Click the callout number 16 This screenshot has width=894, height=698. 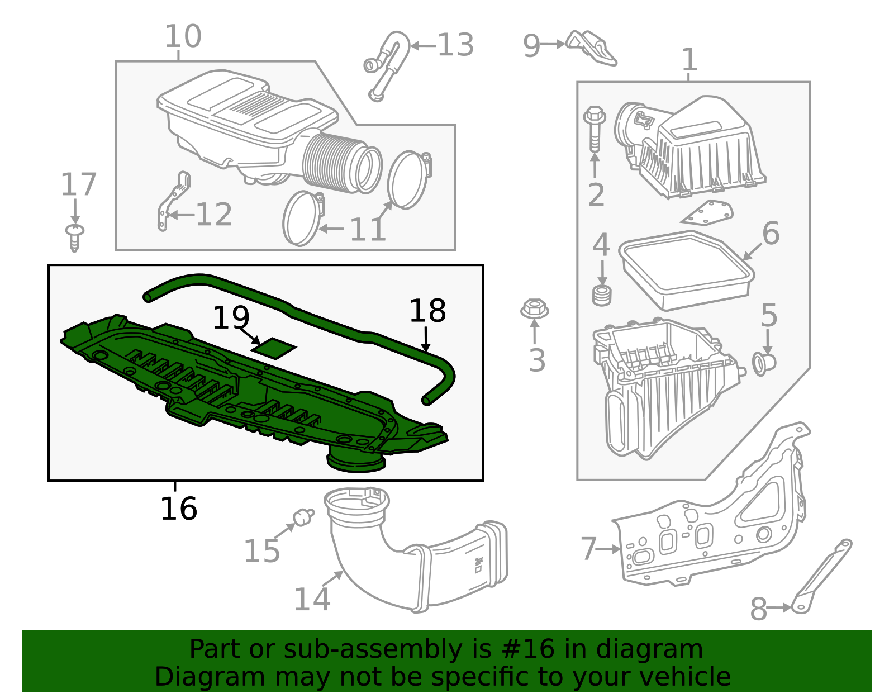click(178, 509)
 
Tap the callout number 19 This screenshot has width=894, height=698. click(230, 317)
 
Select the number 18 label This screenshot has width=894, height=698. click(427, 311)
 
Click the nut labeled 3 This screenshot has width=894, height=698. click(534, 309)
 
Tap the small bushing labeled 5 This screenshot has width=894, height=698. click(764, 363)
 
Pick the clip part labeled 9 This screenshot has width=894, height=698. click(591, 48)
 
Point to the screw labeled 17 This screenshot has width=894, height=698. click(74, 237)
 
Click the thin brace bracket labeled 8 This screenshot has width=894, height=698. click(821, 578)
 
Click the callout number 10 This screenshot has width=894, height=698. click(183, 37)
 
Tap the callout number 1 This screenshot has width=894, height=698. click(690, 60)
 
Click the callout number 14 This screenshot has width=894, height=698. click(312, 599)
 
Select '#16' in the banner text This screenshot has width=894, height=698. click(529, 649)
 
